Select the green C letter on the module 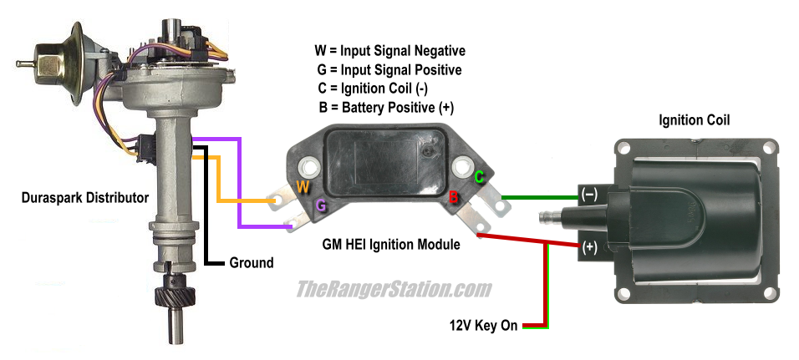480,177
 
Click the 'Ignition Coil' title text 694,120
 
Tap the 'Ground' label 251,262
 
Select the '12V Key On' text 484,326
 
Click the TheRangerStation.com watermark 394,290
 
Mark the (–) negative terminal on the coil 588,195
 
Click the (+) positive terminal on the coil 588,247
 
